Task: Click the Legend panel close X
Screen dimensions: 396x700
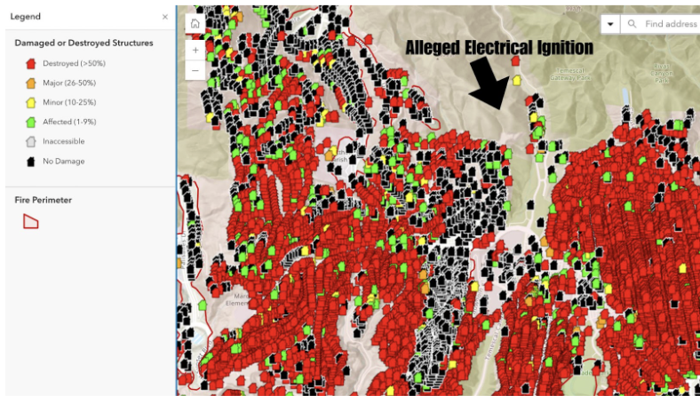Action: tap(164, 17)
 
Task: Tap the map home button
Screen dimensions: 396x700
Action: tap(195, 24)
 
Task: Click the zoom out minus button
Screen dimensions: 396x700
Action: tap(195, 69)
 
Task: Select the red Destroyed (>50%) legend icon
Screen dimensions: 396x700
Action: tap(30, 63)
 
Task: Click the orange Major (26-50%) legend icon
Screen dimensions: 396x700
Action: tap(30, 83)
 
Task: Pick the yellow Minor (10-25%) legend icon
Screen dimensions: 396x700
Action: tap(30, 102)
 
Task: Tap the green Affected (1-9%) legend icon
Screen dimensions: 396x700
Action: tap(30, 122)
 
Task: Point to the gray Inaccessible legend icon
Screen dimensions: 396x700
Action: tap(30, 141)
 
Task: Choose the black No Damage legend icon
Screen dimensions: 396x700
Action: tap(30, 161)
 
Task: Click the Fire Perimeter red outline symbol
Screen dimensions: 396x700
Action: tap(30, 221)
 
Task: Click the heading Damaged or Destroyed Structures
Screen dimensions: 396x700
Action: tap(84, 43)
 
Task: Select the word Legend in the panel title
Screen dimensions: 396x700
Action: tap(25, 17)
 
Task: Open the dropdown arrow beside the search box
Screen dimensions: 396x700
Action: tap(611, 24)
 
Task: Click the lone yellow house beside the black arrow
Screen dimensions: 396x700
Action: tap(516, 80)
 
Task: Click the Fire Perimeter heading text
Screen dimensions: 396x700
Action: tap(44, 200)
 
